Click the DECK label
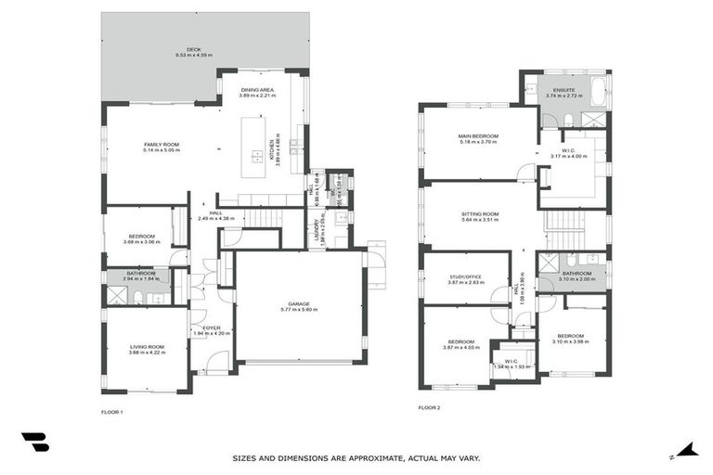(193, 50)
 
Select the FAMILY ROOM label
(161, 144)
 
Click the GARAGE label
(298, 303)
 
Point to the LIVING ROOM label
(147, 346)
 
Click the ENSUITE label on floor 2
(564, 89)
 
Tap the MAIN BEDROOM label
(478, 136)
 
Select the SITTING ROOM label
(479, 213)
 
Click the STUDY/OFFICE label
(465, 275)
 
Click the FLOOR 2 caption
(428, 407)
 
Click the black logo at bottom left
(35, 443)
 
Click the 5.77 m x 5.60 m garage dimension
(298, 309)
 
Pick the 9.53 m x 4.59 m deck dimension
(193, 56)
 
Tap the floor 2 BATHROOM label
(577, 273)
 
